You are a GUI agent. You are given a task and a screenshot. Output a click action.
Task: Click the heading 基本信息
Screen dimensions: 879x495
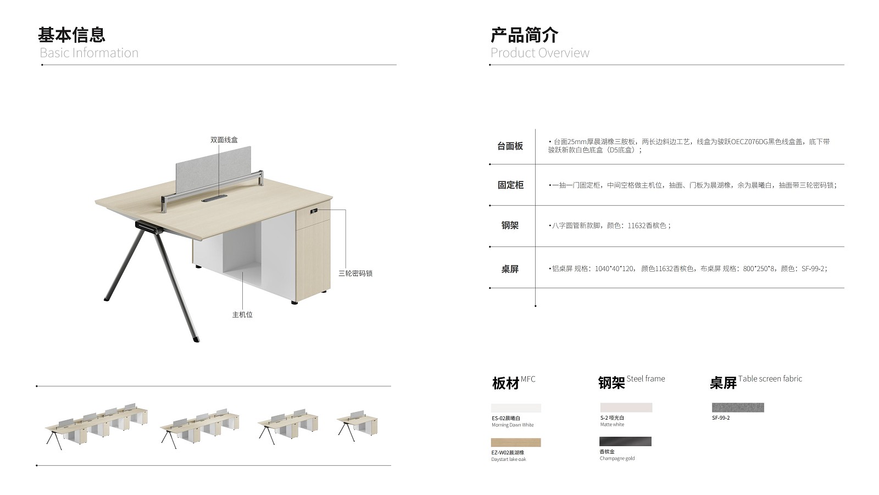coord(71,35)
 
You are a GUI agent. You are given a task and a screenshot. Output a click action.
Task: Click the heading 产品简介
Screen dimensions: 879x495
coord(524,35)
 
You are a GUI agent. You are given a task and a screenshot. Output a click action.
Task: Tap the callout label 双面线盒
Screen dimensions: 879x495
coord(224,140)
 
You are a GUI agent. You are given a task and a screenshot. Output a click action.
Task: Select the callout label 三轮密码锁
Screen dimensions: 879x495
coord(355,273)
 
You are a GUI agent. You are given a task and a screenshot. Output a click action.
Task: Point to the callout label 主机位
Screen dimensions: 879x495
coord(242,315)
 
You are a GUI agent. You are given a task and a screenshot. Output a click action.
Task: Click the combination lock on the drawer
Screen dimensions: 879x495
coord(314,211)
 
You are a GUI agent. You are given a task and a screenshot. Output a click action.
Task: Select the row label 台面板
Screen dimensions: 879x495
coord(510,146)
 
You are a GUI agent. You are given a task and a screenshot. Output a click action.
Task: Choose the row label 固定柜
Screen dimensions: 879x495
coord(510,185)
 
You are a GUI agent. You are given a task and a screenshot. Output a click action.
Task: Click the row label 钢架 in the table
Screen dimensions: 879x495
coord(510,226)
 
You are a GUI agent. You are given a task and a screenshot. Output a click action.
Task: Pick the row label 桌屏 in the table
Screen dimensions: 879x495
coord(510,269)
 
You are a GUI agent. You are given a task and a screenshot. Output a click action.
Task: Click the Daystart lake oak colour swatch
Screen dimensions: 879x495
coord(516,443)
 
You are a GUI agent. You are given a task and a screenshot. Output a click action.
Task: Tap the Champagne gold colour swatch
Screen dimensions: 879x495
coord(626,441)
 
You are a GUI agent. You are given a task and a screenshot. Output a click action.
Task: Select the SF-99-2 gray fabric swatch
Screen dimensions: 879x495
coord(738,408)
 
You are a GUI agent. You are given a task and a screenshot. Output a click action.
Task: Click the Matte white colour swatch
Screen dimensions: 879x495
coord(626,408)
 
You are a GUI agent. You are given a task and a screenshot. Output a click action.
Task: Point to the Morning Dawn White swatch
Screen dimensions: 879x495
coord(516,408)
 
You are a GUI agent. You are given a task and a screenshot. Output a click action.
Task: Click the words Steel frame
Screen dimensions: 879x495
coord(646,379)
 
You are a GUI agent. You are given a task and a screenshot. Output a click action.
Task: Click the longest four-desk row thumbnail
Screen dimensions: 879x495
coord(97,426)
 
